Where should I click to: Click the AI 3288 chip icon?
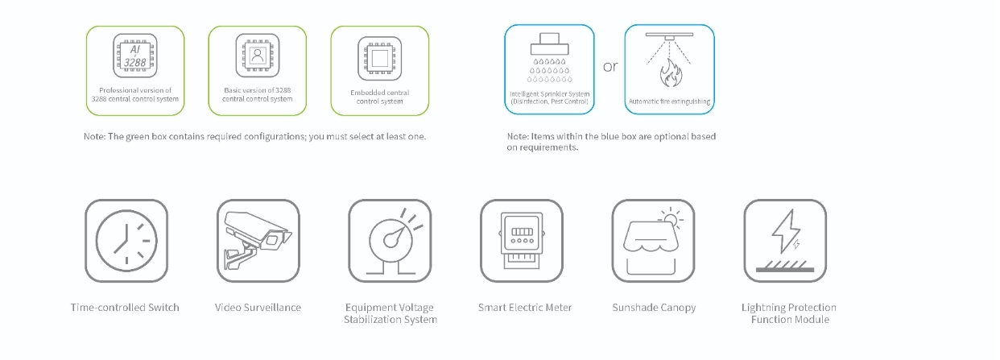(x=134, y=56)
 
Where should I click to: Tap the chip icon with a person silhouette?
(x=258, y=56)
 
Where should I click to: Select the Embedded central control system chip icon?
(x=380, y=59)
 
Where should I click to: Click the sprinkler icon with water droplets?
(x=550, y=58)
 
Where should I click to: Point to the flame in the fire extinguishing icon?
(x=671, y=72)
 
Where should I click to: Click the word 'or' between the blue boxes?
(x=610, y=67)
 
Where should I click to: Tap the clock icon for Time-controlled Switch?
(x=126, y=241)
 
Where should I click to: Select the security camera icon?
(x=258, y=240)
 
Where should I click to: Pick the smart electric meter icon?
(x=522, y=241)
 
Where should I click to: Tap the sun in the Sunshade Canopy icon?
(x=671, y=219)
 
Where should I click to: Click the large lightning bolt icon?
(x=786, y=231)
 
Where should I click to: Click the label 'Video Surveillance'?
(x=258, y=308)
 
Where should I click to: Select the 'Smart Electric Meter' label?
(x=525, y=308)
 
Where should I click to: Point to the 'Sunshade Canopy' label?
(x=654, y=308)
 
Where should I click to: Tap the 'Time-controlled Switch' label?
(x=125, y=308)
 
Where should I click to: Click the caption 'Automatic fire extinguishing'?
(x=669, y=101)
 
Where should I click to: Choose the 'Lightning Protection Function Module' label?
(x=789, y=313)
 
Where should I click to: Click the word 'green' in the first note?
(x=138, y=137)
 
